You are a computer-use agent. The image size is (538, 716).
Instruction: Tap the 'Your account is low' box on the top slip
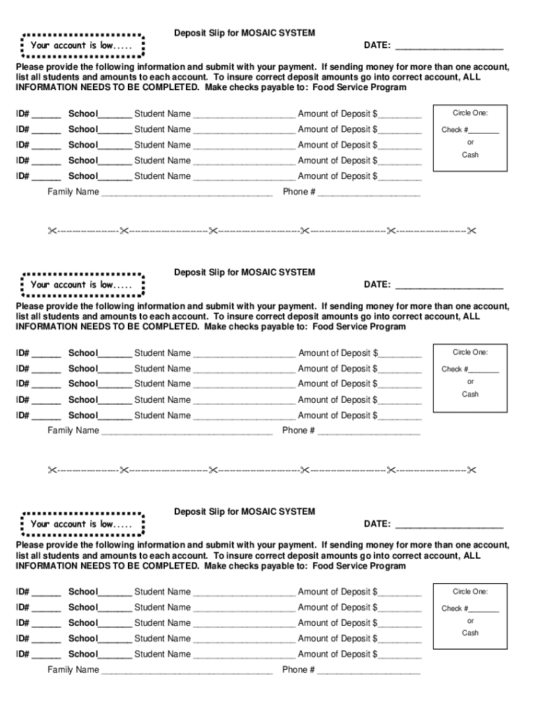(x=82, y=45)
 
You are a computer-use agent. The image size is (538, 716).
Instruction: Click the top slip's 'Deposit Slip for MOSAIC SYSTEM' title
(x=244, y=33)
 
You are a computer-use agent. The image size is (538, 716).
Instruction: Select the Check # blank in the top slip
(x=484, y=131)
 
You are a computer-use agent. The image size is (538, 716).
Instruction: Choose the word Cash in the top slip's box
(x=470, y=155)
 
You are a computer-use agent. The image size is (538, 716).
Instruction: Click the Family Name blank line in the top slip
(x=187, y=194)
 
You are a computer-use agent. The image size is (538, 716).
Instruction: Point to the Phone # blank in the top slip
(x=369, y=194)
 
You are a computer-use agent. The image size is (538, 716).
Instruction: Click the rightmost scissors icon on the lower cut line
(x=472, y=470)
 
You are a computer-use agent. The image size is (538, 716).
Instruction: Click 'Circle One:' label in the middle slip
(x=470, y=352)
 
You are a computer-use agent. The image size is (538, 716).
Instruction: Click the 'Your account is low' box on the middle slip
(x=82, y=285)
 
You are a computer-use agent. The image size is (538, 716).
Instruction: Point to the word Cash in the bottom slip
(x=470, y=633)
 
